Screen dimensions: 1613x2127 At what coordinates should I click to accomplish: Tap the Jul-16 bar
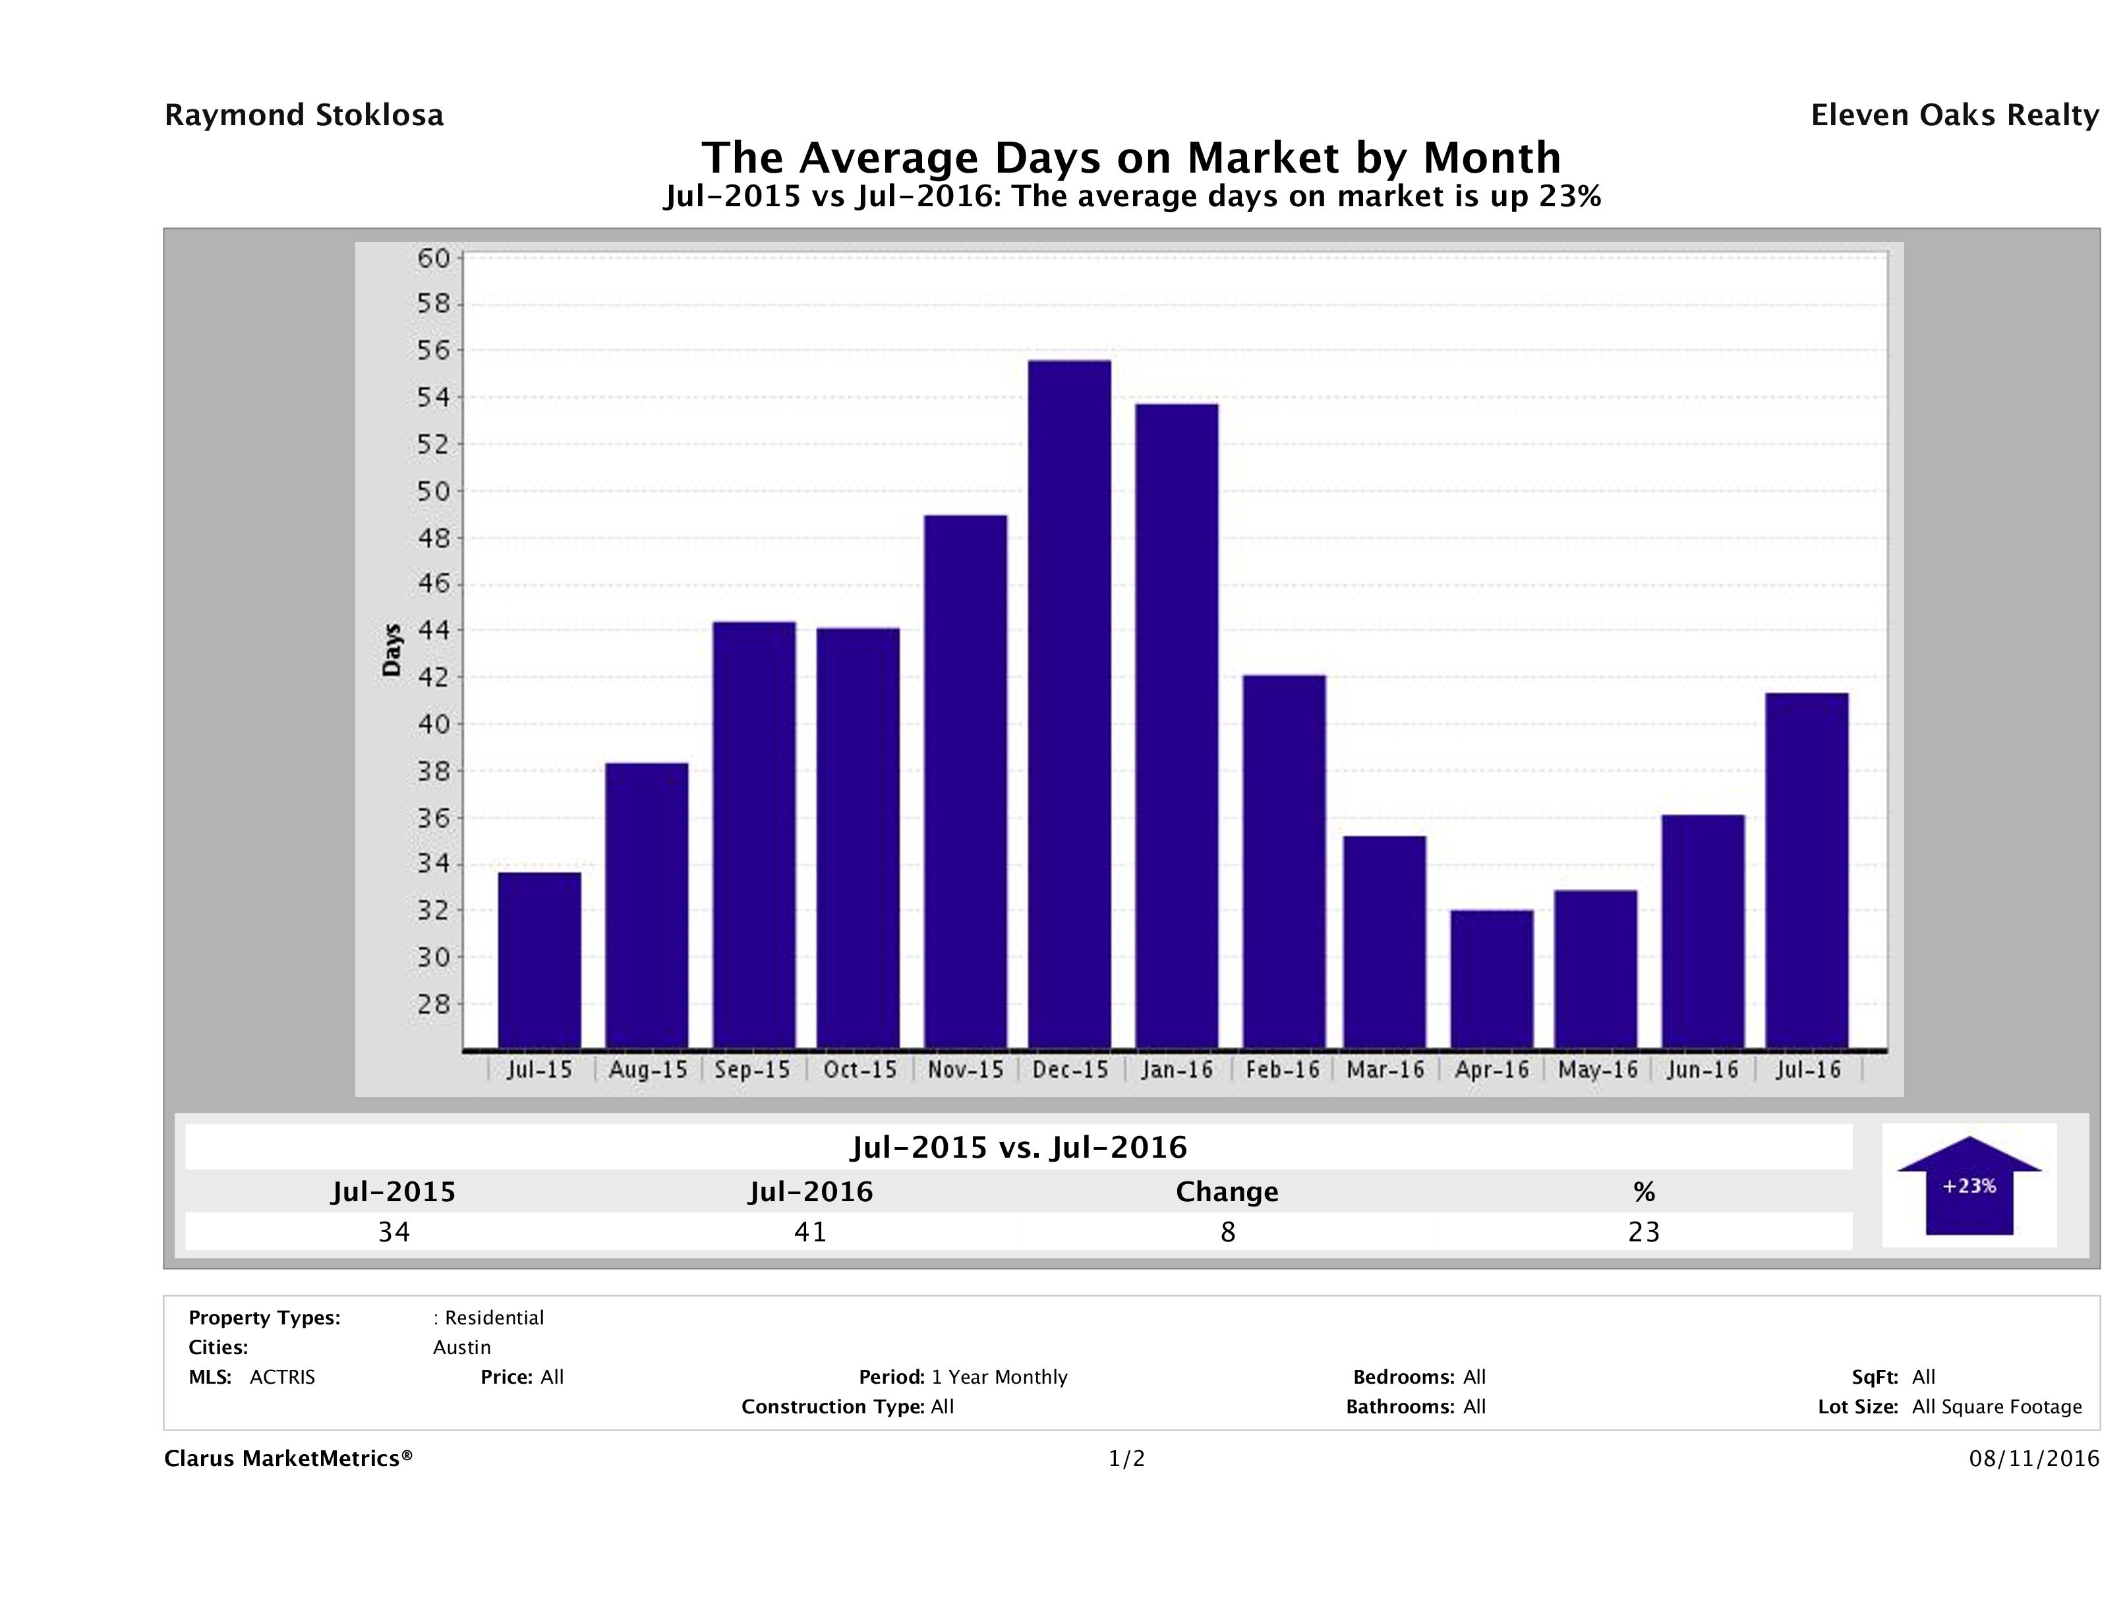pyautogui.click(x=1807, y=870)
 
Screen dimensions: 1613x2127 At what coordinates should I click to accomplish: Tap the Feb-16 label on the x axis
pyautogui.click(x=1283, y=1070)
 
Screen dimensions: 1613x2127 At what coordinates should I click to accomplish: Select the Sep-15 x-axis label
pyautogui.click(x=753, y=1070)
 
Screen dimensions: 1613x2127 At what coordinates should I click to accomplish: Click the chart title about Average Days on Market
pyautogui.click(x=1131, y=157)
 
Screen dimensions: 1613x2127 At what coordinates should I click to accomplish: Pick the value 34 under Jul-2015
pyautogui.click(x=394, y=1231)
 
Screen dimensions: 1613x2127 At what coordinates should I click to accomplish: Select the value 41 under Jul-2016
pyautogui.click(x=811, y=1231)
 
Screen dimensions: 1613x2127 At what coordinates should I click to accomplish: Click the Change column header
pyautogui.click(x=1227, y=1192)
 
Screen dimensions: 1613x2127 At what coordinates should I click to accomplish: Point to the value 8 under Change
pyautogui.click(x=1228, y=1231)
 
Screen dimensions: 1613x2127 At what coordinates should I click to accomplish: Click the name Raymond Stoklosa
pyautogui.click(x=304, y=115)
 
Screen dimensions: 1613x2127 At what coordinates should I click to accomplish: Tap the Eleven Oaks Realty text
pyautogui.click(x=1954, y=115)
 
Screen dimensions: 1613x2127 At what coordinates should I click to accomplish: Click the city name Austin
pyautogui.click(x=461, y=1347)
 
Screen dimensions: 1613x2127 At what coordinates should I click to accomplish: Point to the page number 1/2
pyautogui.click(x=1126, y=1459)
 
